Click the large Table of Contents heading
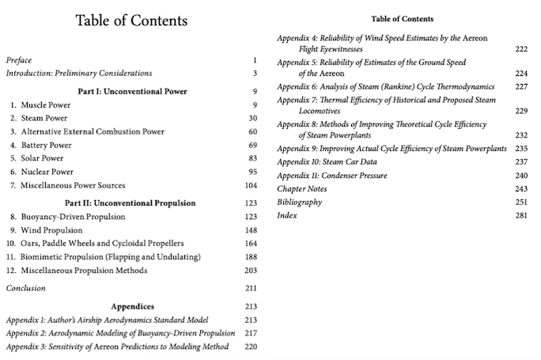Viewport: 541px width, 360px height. tap(131, 21)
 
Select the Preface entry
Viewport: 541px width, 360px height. tap(20, 60)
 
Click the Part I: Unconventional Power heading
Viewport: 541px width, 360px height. tap(132, 91)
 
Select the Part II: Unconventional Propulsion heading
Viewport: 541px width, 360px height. tap(132, 203)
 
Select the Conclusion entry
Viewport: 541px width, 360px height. tap(25, 288)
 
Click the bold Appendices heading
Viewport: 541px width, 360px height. tap(132, 306)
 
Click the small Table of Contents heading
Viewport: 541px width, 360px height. tap(402, 18)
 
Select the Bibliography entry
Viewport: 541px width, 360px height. tap(299, 203)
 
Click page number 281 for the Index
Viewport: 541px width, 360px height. tap(520, 216)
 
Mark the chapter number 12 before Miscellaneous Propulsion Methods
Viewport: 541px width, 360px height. tap(11, 271)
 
